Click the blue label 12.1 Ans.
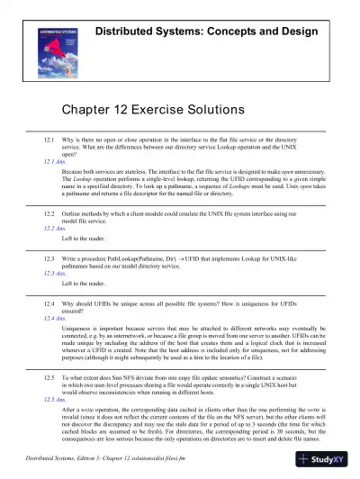(x=56, y=159)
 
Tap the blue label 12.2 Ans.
(x=56, y=229)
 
